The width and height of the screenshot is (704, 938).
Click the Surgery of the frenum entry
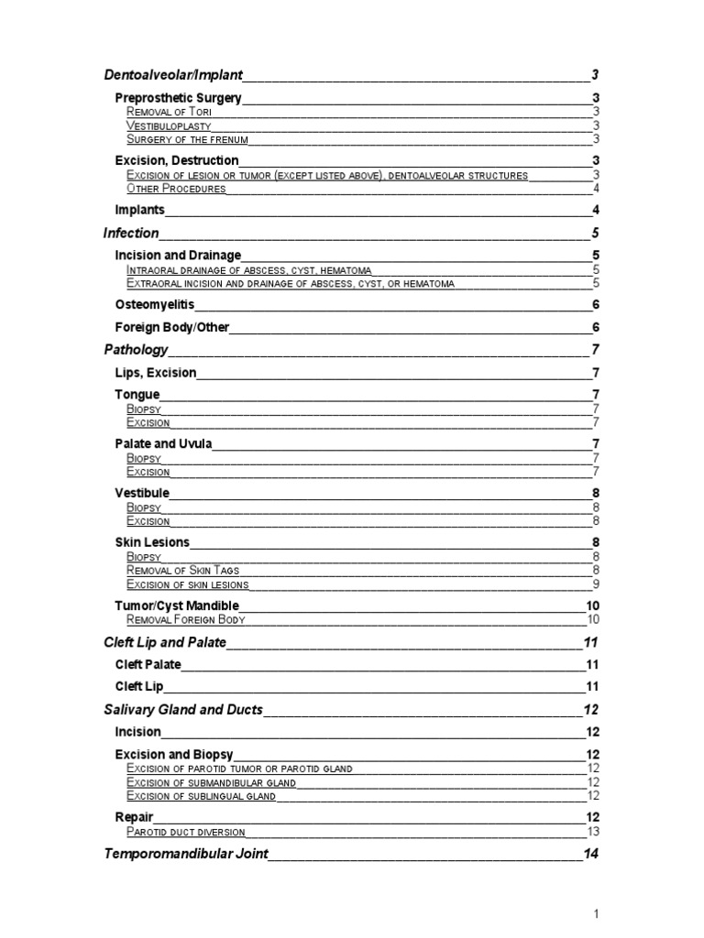coord(187,140)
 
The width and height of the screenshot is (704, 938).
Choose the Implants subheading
coord(139,210)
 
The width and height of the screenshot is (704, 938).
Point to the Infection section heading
coord(131,234)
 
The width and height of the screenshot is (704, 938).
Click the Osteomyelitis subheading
coord(154,304)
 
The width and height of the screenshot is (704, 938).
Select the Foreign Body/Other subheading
coord(171,327)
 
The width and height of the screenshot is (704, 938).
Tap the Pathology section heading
coord(136,350)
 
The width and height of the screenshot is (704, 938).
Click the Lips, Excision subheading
coord(155,373)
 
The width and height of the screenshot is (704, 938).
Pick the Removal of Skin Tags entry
coord(183,570)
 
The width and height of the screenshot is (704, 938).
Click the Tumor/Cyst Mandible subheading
coord(176,605)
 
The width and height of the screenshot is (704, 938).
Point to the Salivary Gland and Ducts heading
coord(183,710)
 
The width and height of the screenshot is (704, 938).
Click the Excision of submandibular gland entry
coord(211,782)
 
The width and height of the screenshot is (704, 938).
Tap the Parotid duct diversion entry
coord(185,832)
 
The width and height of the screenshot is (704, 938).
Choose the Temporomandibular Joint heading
coord(185,855)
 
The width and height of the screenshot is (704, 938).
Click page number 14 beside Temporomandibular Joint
coord(591,855)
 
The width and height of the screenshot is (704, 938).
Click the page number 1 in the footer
coord(596,913)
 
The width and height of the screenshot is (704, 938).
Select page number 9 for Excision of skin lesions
coord(596,584)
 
